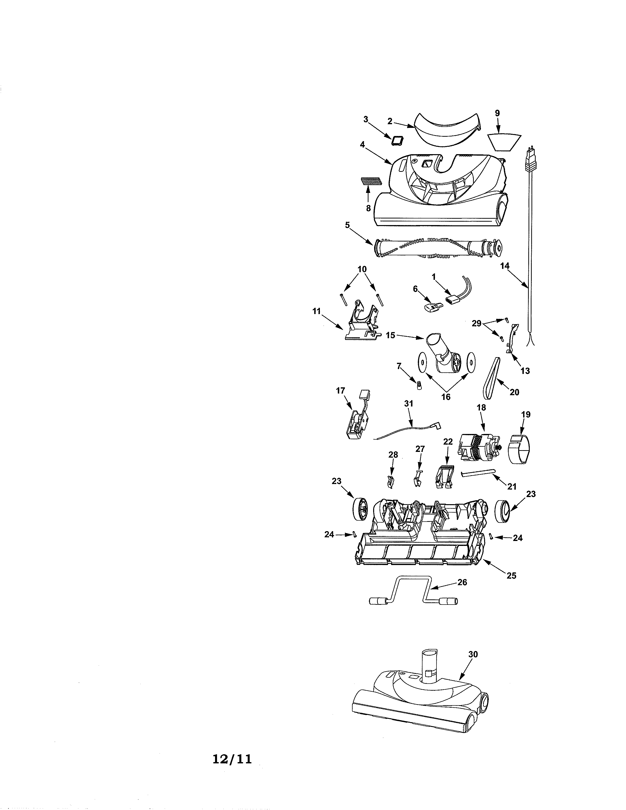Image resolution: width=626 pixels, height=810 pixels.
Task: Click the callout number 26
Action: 462,582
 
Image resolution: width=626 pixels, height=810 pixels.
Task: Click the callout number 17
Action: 340,391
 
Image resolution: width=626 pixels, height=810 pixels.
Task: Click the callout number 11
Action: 316,311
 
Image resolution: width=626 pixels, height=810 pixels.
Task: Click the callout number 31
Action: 408,403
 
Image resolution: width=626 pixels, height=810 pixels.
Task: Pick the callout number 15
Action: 391,335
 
